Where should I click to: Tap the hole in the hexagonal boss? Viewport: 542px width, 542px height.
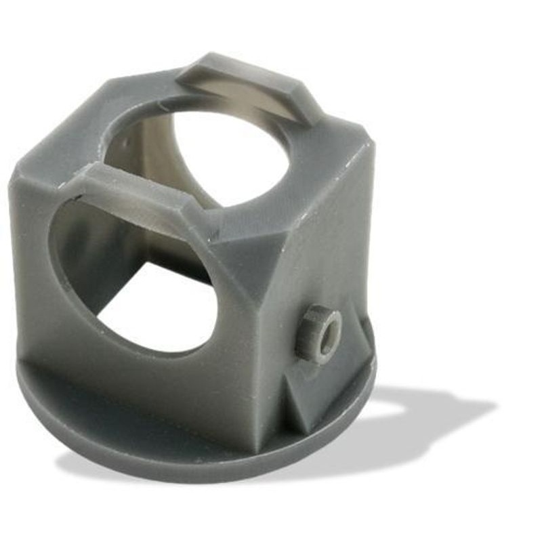pos(329,333)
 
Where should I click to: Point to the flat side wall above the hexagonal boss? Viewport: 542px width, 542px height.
pos(325,244)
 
